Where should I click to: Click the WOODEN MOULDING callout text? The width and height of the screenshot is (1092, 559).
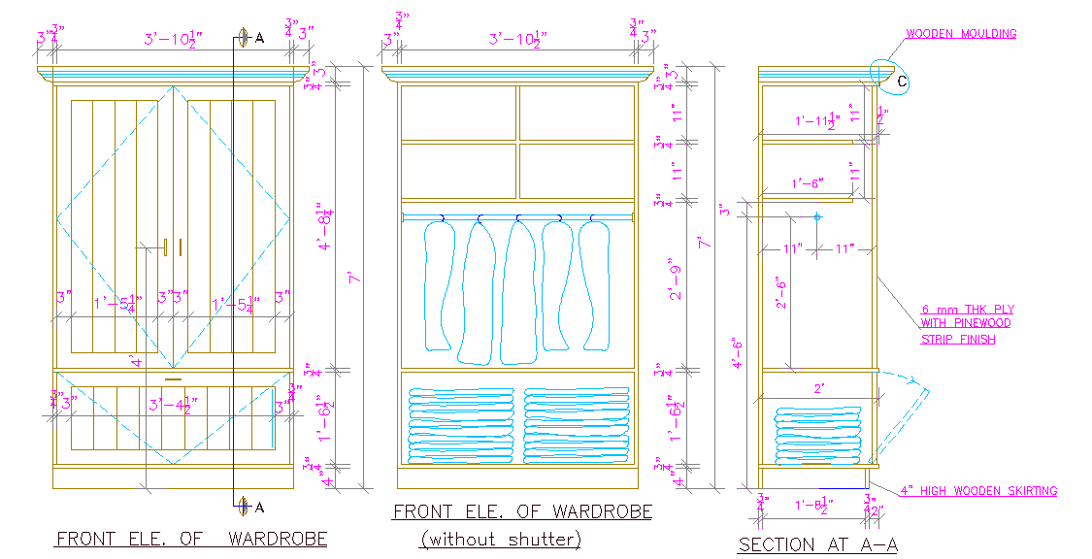[x=961, y=34]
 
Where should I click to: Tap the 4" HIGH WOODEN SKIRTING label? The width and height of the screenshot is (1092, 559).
[x=978, y=491]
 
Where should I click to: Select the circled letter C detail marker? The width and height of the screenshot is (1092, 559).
[x=900, y=83]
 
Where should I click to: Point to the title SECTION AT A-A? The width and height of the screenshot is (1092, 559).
[x=817, y=545]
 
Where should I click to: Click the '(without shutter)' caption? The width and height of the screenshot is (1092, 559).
[x=501, y=539]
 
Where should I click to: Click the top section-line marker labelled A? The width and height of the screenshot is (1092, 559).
[x=245, y=38]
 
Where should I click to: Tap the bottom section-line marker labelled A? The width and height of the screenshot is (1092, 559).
[x=245, y=506]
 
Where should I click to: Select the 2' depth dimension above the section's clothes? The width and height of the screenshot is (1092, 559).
[x=820, y=388]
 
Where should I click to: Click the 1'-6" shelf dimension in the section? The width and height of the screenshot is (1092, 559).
[x=808, y=183]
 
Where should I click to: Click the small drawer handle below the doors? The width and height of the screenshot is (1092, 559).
[x=174, y=377]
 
